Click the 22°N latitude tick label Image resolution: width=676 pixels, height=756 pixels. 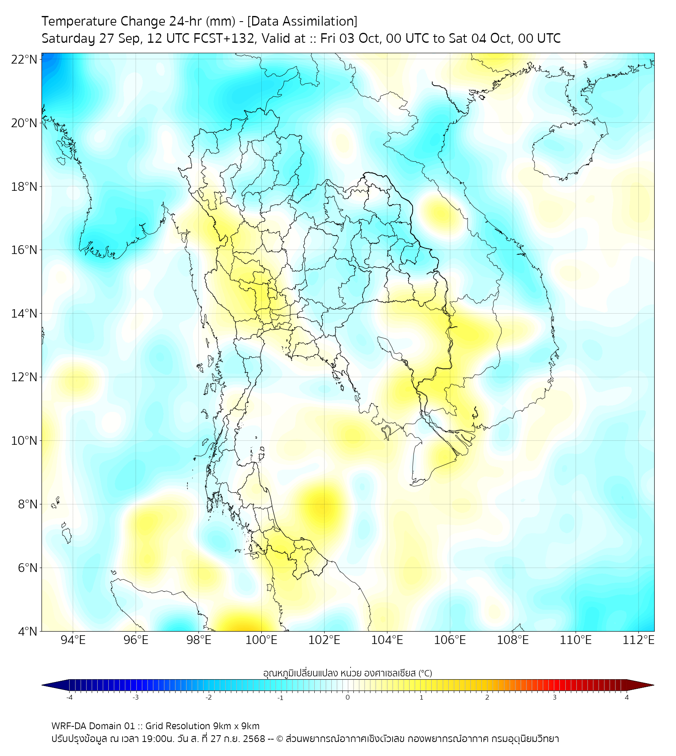[x=25, y=59]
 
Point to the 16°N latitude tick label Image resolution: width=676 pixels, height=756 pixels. [x=25, y=250]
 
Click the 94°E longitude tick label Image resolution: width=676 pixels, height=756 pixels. [x=73, y=640]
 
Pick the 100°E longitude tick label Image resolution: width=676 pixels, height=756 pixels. [x=261, y=640]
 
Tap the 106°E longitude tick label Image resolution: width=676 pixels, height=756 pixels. [x=450, y=640]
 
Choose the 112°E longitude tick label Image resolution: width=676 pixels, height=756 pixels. [x=639, y=640]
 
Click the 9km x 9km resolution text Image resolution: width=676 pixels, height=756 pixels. [x=231, y=725]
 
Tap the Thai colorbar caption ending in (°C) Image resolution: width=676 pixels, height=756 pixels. [x=347, y=673]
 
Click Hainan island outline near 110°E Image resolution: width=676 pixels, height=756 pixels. [x=562, y=147]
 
